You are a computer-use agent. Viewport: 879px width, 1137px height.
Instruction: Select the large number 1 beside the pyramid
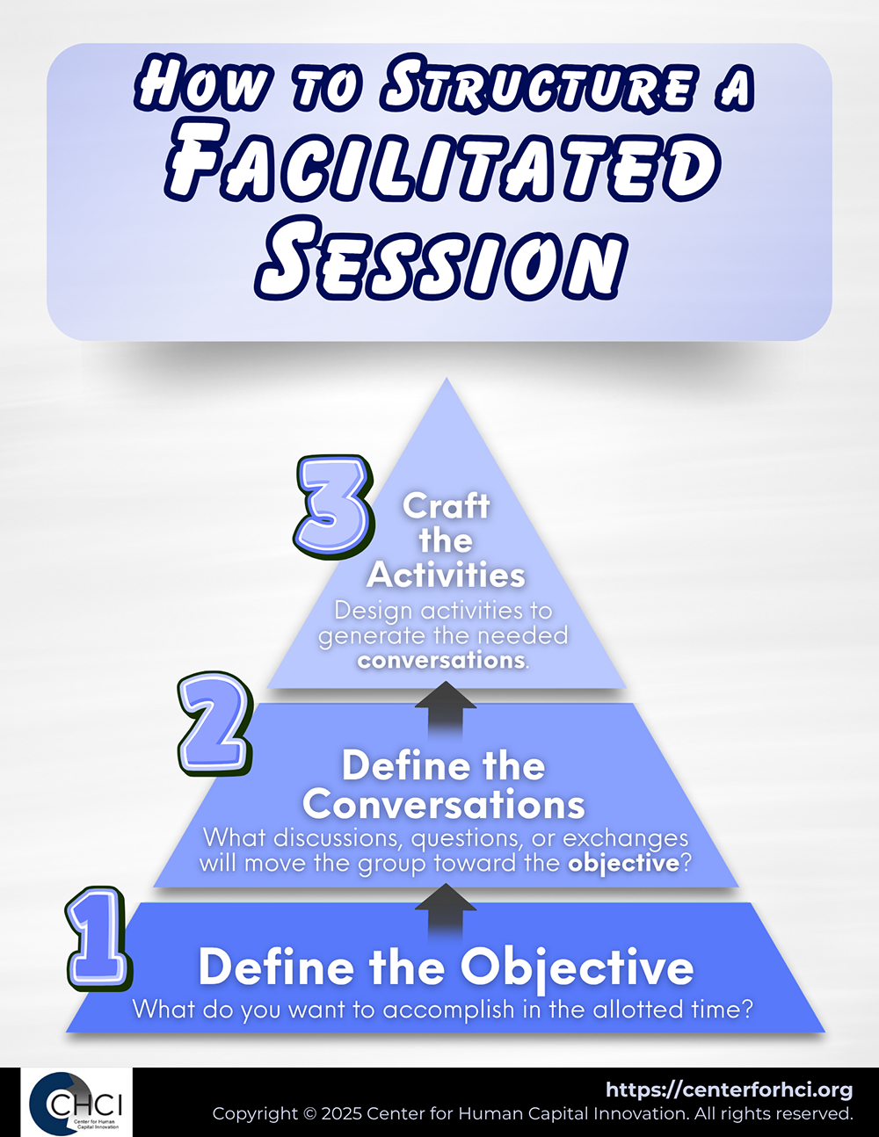[x=98, y=938]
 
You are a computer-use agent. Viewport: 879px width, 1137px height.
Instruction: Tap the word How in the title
[x=205, y=84]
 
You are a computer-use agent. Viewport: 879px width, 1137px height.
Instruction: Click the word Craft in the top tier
[x=447, y=506]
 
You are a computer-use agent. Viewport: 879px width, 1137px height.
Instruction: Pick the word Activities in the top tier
[x=446, y=575]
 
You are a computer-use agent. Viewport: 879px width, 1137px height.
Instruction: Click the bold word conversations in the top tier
[x=441, y=661]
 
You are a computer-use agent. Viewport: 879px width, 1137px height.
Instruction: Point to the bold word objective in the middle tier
[x=624, y=864]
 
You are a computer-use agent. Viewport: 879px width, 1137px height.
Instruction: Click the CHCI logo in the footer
[x=76, y=1103]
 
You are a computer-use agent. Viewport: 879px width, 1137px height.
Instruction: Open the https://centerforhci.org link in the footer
[x=730, y=1091]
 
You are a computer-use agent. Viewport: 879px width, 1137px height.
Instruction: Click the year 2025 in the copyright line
[x=342, y=1114]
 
